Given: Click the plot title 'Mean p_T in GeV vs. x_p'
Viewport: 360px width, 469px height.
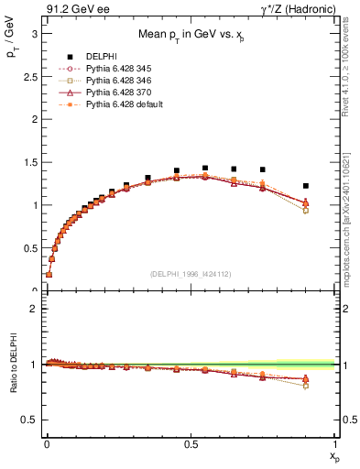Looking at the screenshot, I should (191, 36).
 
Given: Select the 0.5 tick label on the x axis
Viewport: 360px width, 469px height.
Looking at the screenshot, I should (191, 444).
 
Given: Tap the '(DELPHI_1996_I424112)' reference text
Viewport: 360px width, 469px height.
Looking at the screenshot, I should (191, 273).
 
